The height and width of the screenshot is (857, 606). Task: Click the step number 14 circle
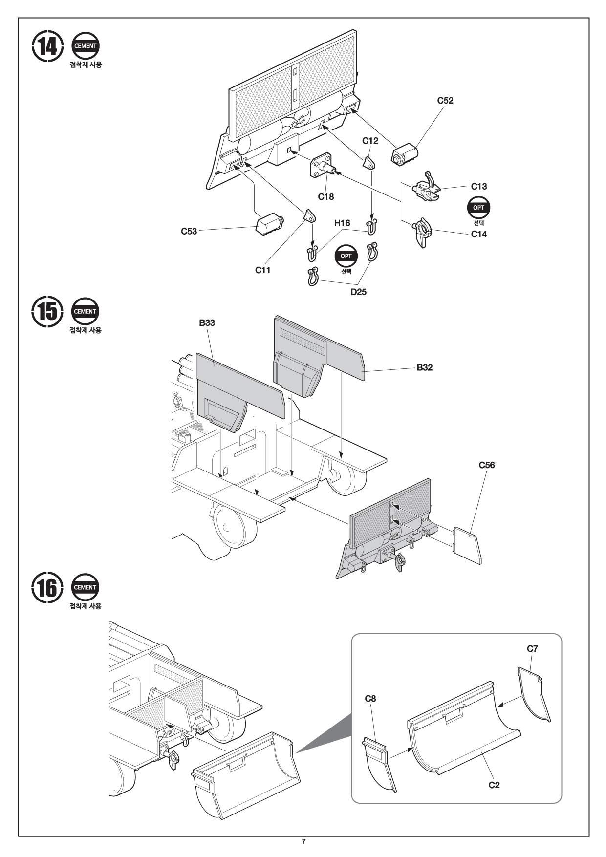(47, 46)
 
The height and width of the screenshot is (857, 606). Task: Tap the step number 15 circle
(47, 311)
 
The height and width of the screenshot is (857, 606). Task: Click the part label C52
(445, 100)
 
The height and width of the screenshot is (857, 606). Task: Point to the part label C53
(189, 231)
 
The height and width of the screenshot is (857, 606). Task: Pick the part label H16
(342, 223)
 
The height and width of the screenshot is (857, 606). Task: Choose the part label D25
(358, 292)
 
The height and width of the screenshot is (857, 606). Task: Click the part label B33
(207, 322)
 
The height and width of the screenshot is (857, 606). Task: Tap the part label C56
(487, 465)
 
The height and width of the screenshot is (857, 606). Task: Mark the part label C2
(494, 785)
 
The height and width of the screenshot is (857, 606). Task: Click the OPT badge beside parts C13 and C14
(479, 207)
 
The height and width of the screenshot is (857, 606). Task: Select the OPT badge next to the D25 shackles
(346, 256)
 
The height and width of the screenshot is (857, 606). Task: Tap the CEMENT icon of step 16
(85, 587)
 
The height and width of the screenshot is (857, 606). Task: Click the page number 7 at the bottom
(303, 841)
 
